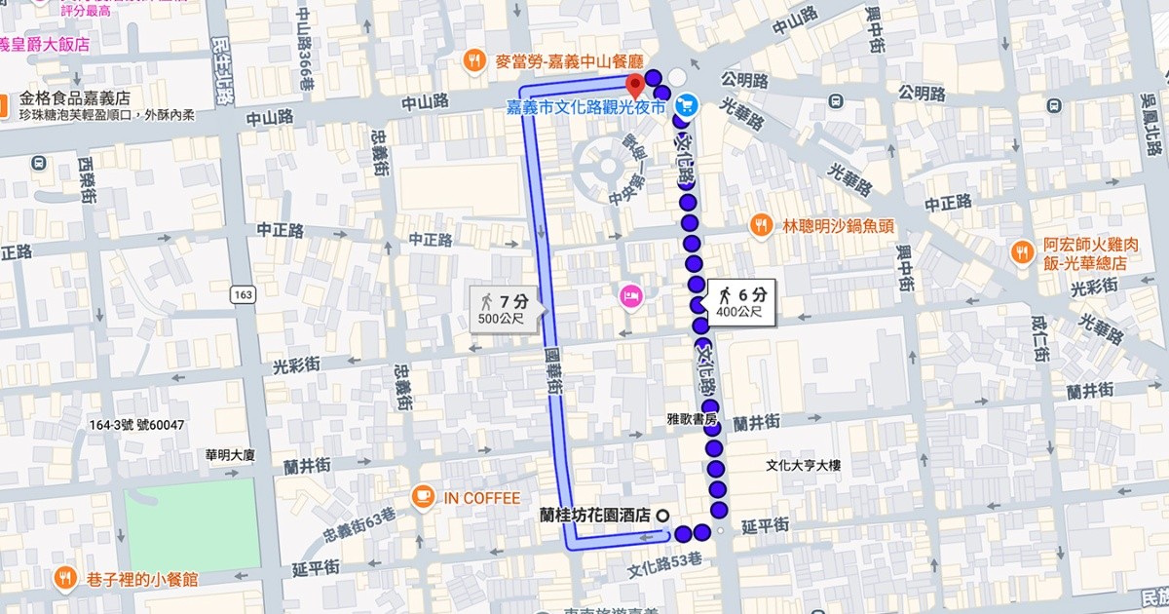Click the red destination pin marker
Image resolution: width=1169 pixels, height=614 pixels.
click(x=634, y=83)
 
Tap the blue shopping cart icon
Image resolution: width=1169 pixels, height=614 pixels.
click(x=686, y=103)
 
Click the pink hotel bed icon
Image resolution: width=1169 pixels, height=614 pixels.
click(x=629, y=294)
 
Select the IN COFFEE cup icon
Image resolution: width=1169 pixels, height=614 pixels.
click(x=422, y=498)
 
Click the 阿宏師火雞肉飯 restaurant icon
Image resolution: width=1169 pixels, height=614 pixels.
click(x=1022, y=250)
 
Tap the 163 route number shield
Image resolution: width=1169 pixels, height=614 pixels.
click(x=243, y=293)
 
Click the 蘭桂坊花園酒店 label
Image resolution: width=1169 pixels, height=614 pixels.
click(x=594, y=516)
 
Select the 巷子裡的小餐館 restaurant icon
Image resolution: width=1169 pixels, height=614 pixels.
click(x=64, y=578)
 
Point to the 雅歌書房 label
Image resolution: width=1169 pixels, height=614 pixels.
click(x=691, y=419)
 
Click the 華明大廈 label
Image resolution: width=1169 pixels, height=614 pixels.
click(x=230, y=454)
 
